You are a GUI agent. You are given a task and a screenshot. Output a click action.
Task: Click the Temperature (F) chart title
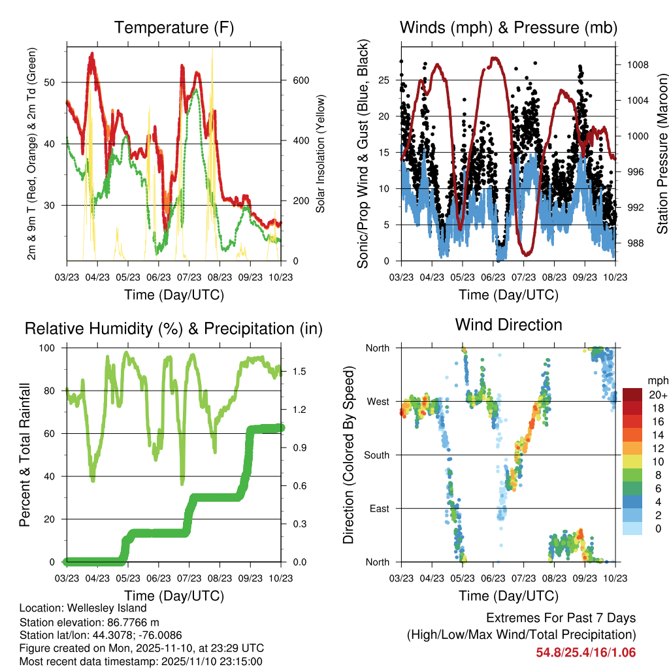click(x=174, y=27)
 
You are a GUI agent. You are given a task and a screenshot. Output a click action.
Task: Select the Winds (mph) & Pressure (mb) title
click(x=509, y=27)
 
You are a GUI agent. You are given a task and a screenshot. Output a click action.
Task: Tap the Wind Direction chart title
click(x=509, y=324)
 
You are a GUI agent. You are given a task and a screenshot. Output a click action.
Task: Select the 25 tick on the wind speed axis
click(x=386, y=80)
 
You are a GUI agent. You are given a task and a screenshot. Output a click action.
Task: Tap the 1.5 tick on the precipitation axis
click(x=299, y=372)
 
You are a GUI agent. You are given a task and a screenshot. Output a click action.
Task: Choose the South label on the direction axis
click(x=376, y=455)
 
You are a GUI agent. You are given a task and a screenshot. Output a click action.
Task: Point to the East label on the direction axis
click(x=379, y=508)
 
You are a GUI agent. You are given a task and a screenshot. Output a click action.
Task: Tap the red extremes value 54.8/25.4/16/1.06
click(x=586, y=653)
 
